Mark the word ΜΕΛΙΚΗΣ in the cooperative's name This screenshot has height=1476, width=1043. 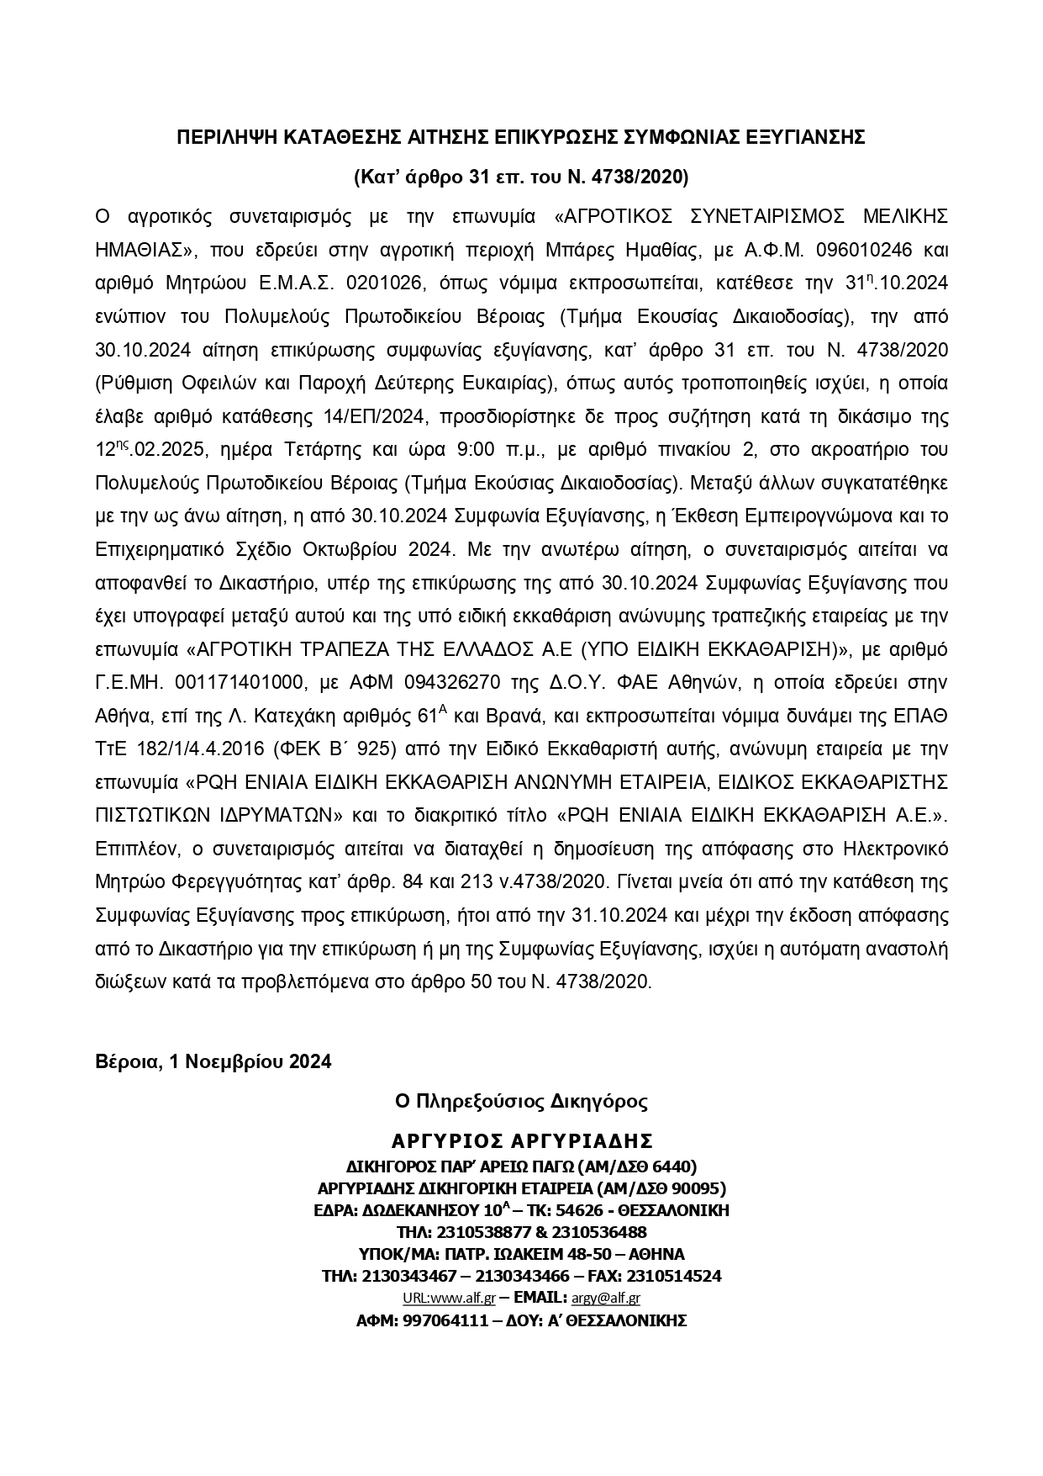[x=906, y=216]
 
